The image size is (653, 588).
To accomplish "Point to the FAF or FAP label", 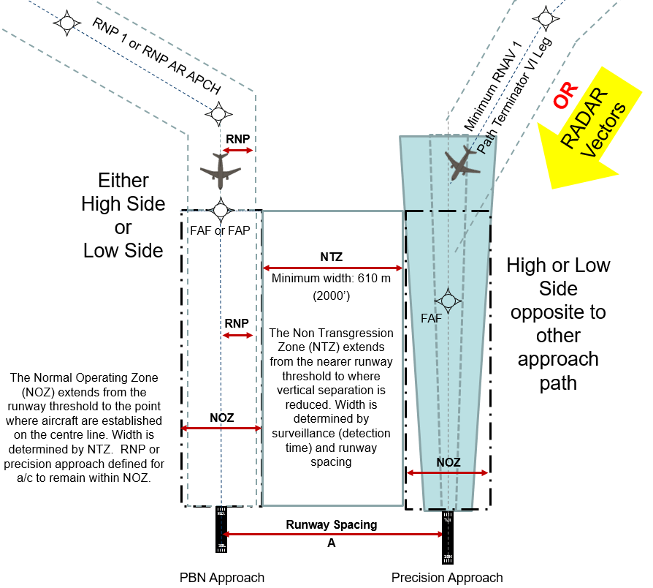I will tap(220, 230).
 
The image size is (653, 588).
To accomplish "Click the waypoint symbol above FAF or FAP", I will tap(220, 211).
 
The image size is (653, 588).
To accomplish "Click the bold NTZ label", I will tap(332, 257).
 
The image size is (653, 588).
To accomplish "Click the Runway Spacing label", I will tap(331, 524).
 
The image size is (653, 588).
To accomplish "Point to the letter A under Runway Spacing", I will tap(332, 542).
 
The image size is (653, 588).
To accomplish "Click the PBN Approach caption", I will tap(221, 578).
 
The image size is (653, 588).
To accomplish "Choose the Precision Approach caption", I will tap(447, 578).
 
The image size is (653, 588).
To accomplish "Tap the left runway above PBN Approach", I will tap(221, 531).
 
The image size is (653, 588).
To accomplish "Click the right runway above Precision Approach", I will tap(447, 534).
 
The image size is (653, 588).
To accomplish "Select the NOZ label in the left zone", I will tap(221, 418).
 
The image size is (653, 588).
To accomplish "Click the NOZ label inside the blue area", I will tap(448, 462).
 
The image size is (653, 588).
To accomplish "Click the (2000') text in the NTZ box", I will tap(332, 296).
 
